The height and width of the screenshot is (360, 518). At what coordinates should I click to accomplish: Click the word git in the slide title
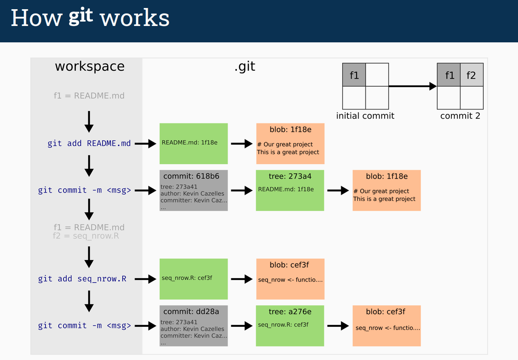pos(81,17)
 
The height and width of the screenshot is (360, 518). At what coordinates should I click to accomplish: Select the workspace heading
pos(89,66)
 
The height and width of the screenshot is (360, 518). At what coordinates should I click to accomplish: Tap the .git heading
pos(244,66)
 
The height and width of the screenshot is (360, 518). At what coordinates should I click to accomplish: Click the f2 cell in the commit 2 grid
pos(471,75)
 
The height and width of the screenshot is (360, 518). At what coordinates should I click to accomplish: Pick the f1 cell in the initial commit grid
pos(354,75)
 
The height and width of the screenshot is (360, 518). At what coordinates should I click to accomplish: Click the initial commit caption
pos(365,116)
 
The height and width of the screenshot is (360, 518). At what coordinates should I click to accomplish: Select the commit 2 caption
pos(460,116)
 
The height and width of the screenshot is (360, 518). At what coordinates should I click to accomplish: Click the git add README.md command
pos(89,143)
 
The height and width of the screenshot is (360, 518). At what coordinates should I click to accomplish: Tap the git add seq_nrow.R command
pos(82,279)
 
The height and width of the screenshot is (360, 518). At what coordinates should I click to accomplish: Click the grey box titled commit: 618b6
pos(193,191)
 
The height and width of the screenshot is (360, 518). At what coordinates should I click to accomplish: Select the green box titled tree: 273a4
pos(290,191)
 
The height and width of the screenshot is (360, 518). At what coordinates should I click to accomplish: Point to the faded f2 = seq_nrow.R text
pos(86,236)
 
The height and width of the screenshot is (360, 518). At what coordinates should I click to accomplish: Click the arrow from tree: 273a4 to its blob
pos(338,191)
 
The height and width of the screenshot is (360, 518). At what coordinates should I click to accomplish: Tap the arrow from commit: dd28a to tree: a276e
pos(242,326)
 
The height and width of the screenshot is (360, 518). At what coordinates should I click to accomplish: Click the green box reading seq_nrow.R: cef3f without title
pos(193,279)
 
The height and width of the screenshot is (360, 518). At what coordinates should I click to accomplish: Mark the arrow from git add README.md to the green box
pos(145,143)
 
